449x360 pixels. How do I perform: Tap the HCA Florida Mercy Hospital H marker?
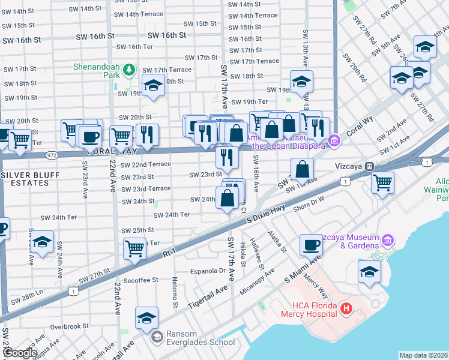point(346,309)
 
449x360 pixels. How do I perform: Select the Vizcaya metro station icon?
point(370,166)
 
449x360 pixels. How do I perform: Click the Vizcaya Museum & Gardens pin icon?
point(388,241)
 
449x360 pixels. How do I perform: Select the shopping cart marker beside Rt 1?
point(135,248)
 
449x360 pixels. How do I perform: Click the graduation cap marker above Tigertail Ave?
point(146,319)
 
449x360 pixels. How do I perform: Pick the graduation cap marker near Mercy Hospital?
point(369,271)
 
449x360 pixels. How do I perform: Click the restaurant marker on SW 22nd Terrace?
point(227,158)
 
